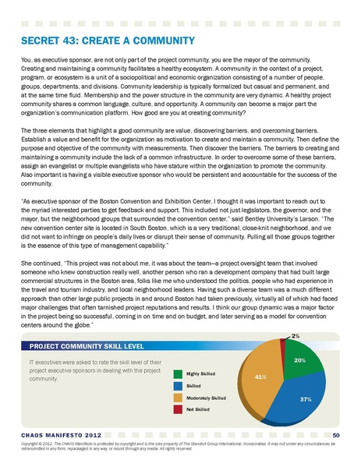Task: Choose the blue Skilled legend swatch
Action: click(179, 386)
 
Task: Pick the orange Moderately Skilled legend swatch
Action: click(179, 398)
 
